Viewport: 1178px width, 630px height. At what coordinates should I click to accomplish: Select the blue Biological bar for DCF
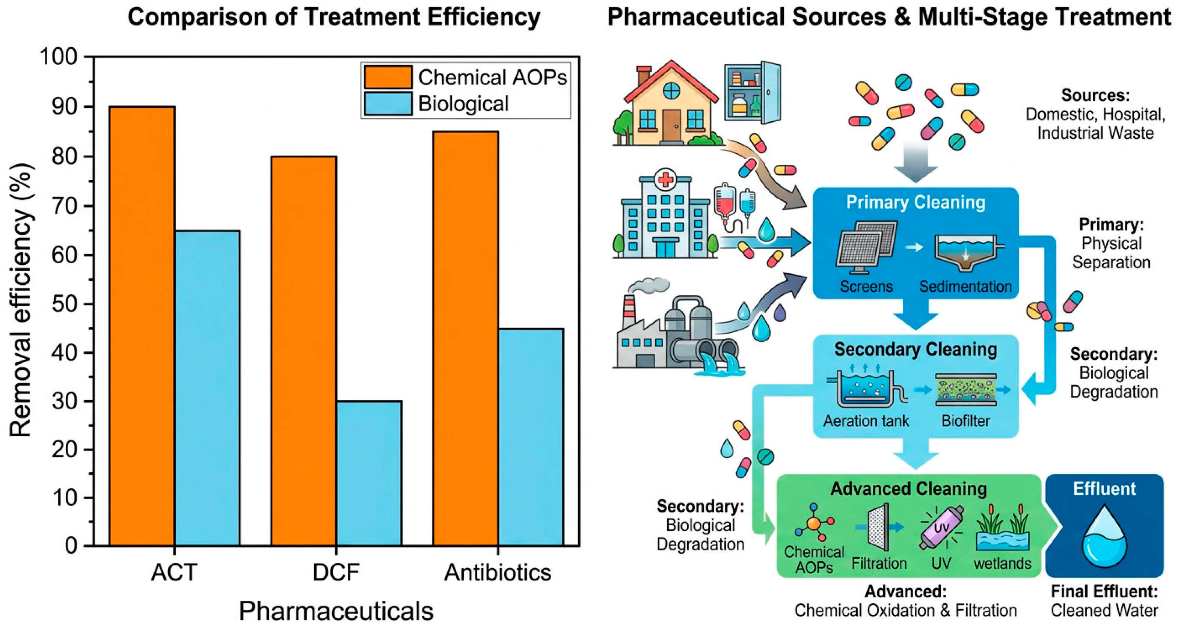[369, 473]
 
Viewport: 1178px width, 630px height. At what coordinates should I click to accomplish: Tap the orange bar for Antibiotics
[466, 338]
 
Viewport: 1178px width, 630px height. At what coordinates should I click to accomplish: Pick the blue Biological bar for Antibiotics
[531, 437]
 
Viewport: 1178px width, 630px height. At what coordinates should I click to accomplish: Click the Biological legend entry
[463, 104]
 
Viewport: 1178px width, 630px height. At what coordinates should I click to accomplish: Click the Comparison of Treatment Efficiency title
[334, 17]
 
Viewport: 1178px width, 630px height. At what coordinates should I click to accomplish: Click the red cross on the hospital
[665, 179]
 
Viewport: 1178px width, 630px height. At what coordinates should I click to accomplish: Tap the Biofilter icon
[965, 389]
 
